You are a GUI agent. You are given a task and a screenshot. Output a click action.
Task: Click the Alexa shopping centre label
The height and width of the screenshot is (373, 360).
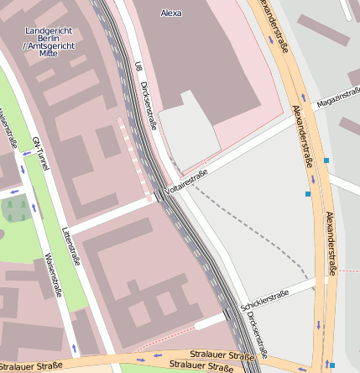pyautogui.click(x=171, y=13)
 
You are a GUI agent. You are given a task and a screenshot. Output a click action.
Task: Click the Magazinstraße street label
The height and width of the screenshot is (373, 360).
pyautogui.click(x=337, y=98)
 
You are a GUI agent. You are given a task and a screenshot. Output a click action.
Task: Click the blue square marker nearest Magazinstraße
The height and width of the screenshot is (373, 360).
pyautogui.click(x=326, y=160)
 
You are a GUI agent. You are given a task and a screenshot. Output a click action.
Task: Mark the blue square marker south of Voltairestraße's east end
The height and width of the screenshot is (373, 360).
pyautogui.click(x=308, y=194)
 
